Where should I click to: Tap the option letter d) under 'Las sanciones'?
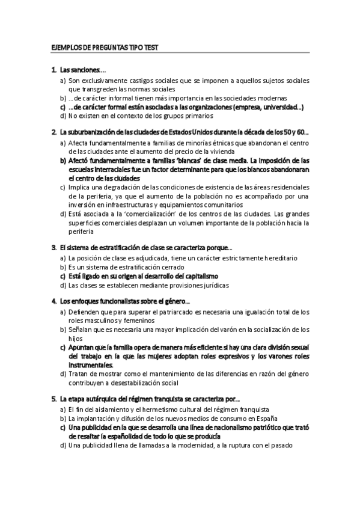pos(63,115)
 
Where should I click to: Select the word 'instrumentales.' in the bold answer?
pos(91,365)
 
